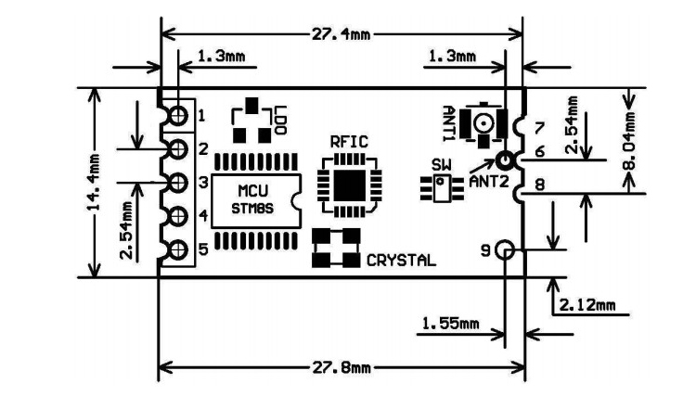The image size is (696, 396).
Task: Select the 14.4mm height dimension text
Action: pyautogui.click(x=95, y=182)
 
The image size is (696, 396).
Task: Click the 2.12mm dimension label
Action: pyautogui.click(x=586, y=304)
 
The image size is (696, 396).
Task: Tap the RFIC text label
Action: pyautogui.click(x=349, y=141)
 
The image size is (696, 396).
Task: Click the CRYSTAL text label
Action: pyautogui.click(x=400, y=261)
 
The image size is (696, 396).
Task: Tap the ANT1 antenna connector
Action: pyautogui.click(x=483, y=122)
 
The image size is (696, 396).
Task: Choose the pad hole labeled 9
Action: pyautogui.click(x=505, y=249)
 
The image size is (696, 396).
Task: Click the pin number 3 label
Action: pyautogui.click(x=201, y=183)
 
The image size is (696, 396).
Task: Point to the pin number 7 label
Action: pyautogui.click(x=538, y=125)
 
